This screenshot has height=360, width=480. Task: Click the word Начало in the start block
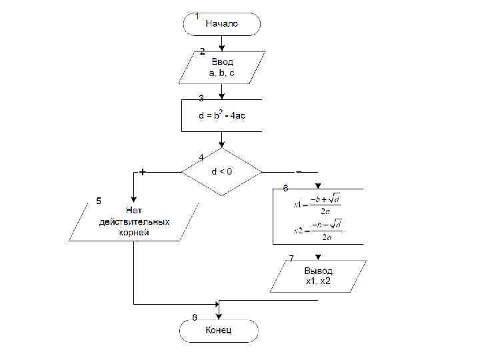[221, 23]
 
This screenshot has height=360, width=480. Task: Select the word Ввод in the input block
[222, 61]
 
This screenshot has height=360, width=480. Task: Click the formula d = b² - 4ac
[222, 115]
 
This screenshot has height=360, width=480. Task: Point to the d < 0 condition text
[222, 171]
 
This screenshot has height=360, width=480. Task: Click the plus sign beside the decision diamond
[143, 171]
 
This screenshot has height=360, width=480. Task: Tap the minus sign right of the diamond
[299, 171]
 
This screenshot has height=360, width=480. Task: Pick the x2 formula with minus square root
[318, 230]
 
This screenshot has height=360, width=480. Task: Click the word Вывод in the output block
[318, 271]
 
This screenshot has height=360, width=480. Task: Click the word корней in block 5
[134, 233]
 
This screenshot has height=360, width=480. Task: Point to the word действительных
[134, 221]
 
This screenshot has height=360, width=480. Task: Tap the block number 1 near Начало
[197, 15]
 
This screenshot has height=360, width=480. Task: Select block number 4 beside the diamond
[201, 157]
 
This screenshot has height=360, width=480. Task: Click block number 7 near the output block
[291, 258]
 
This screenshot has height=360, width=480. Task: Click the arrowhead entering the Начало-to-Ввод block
[222, 48]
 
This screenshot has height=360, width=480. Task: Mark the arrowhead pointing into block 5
[134, 199]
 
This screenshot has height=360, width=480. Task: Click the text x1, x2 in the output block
[318, 281]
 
